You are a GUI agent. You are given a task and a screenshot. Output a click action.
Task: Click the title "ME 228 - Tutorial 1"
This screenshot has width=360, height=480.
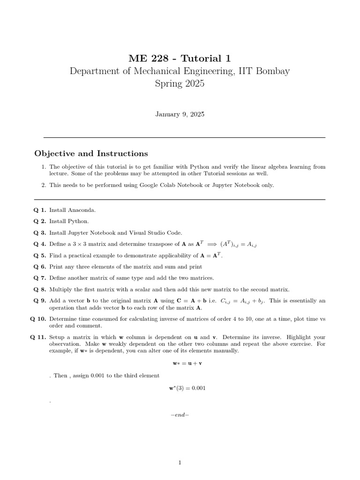pyautogui.click(x=180, y=58)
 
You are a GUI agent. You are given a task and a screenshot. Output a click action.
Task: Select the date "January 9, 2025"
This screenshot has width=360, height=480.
pyautogui.click(x=180, y=114)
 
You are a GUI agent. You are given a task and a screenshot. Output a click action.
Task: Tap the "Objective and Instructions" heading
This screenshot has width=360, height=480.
pyautogui.click(x=91, y=154)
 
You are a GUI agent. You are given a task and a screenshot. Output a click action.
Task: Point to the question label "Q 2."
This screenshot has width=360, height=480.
pyautogui.click(x=40, y=221)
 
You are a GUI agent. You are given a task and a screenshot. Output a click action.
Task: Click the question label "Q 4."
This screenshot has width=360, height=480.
pyautogui.click(x=40, y=244)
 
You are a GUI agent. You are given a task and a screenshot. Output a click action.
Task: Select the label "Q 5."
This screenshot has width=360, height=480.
pyautogui.click(x=40, y=255)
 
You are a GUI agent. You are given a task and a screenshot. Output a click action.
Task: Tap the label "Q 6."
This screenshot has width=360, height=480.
pyautogui.click(x=40, y=267)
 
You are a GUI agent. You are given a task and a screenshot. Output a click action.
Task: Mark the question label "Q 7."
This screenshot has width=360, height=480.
pyautogui.click(x=40, y=278)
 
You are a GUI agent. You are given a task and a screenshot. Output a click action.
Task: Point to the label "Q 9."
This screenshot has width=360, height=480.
pyautogui.click(x=40, y=301)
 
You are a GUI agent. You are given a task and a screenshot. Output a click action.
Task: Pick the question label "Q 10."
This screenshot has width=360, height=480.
pyautogui.click(x=38, y=319)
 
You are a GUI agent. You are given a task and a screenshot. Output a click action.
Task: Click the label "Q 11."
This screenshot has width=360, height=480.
pyautogui.click(x=38, y=337)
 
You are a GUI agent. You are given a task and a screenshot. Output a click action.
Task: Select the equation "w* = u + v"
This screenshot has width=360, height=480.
pyautogui.click(x=180, y=363)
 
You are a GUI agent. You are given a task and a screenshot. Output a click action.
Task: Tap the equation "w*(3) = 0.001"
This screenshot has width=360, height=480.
pyautogui.click(x=180, y=388)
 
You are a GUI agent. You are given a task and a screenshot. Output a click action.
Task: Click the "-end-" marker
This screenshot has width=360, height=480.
pyautogui.click(x=180, y=415)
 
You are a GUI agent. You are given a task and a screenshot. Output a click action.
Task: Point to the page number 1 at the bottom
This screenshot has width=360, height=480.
pyautogui.click(x=180, y=463)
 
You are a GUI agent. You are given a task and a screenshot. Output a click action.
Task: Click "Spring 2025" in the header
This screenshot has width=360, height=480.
pyautogui.click(x=180, y=84)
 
